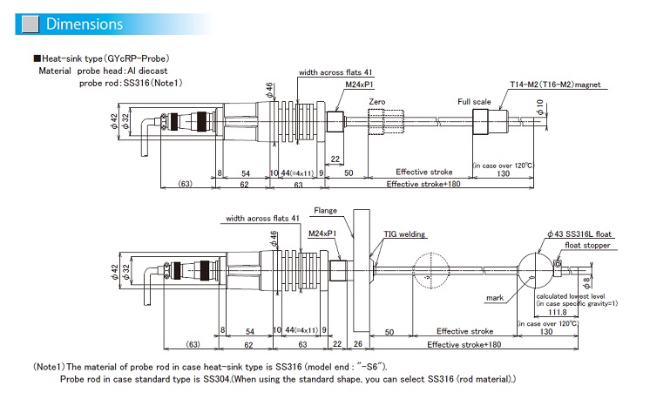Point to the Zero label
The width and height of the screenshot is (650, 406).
coord(376,102)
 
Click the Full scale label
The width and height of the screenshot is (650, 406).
coord(476,102)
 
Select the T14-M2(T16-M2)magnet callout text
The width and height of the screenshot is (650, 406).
coord(557,85)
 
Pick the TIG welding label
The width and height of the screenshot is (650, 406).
coord(403,234)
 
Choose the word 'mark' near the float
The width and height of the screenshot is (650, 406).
coord(496,297)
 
